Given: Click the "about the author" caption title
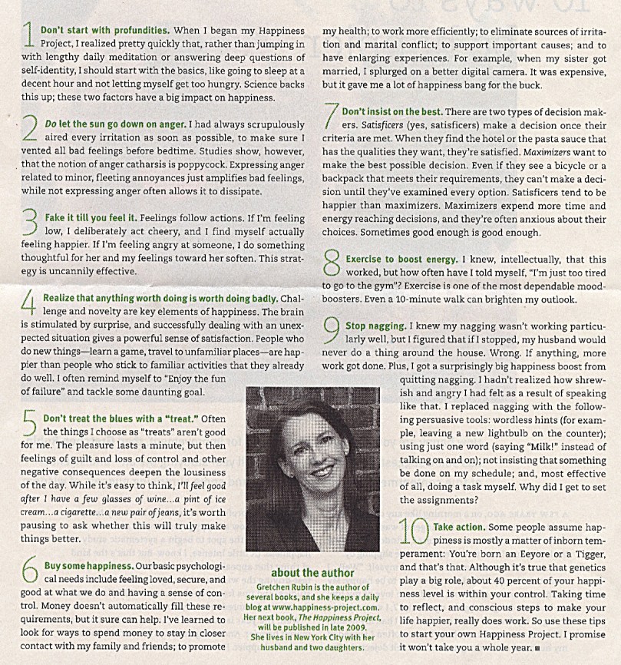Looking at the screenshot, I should (313, 572).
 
